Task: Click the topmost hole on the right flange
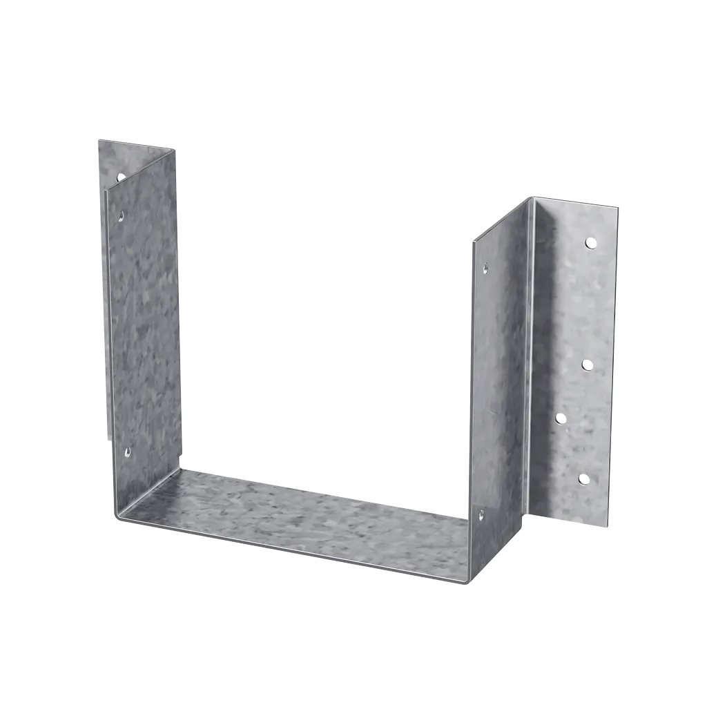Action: point(590,242)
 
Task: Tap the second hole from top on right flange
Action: point(587,364)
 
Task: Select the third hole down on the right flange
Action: point(561,418)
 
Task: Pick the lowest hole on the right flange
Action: point(584,478)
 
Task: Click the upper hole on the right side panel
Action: point(485,267)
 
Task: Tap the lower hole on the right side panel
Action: point(481,514)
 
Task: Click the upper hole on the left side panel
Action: point(122,215)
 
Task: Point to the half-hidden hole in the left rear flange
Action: point(120,177)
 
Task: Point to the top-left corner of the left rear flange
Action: point(97,139)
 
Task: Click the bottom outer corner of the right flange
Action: point(611,528)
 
